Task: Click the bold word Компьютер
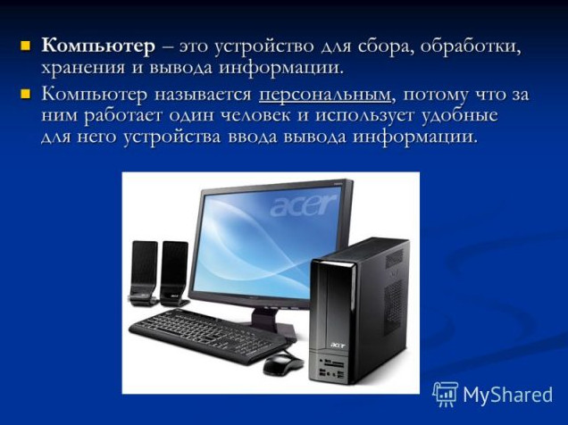coord(98,46)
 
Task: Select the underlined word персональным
coord(325,95)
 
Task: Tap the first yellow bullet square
coord(25,46)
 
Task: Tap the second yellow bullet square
coord(25,95)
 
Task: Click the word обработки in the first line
coord(471,46)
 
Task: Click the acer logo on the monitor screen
coord(304,205)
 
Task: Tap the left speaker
coord(144,272)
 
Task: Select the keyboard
coord(209,335)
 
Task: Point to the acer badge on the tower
coord(338,346)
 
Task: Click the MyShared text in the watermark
coord(508,395)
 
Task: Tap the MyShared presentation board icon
coord(446,394)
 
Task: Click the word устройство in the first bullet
coord(264,47)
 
